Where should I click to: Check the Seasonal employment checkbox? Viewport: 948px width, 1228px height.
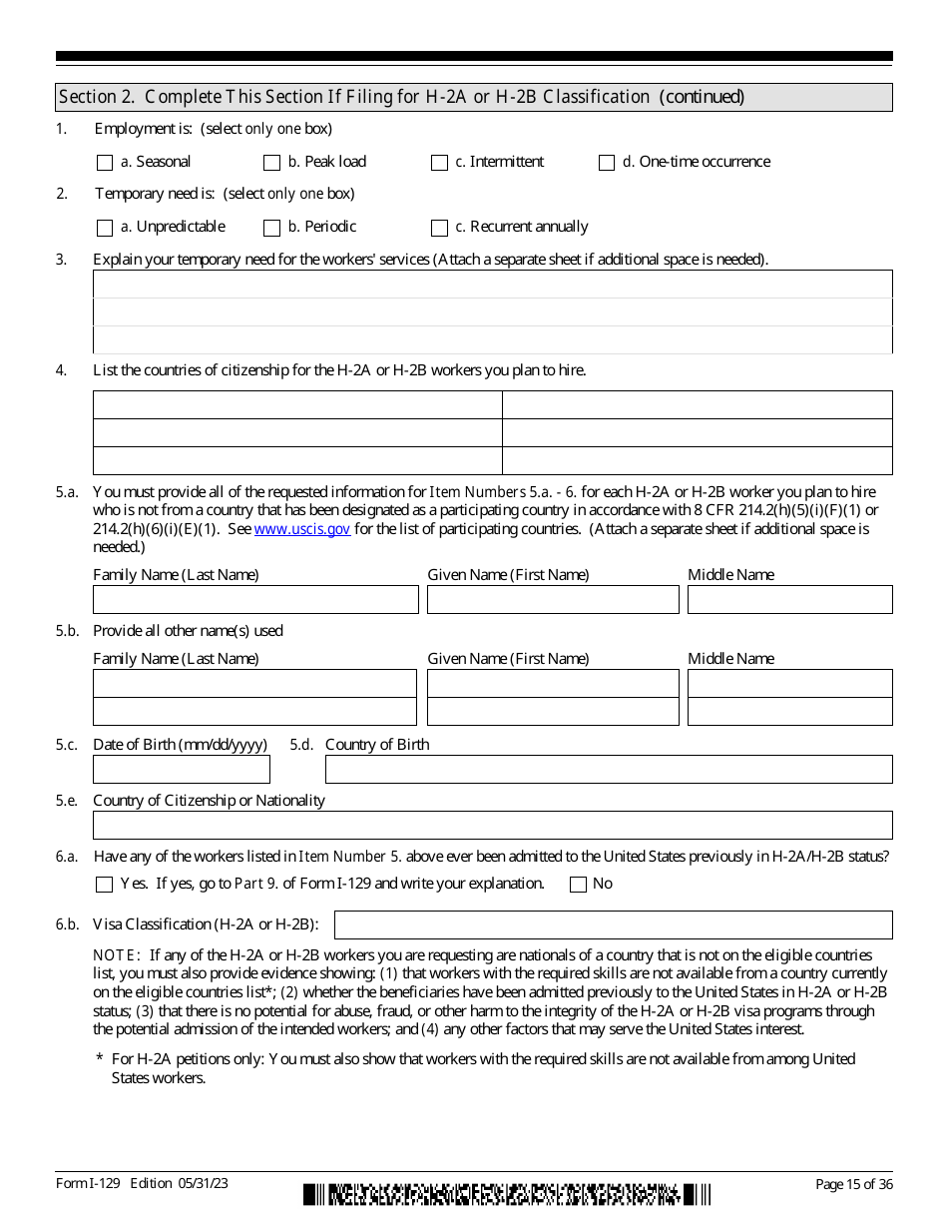tap(105, 163)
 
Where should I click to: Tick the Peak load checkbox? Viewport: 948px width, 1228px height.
tap(271, 163)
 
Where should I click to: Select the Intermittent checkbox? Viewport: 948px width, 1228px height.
tap(439, 163)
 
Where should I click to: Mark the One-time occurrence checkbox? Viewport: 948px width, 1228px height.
tap(607, 163)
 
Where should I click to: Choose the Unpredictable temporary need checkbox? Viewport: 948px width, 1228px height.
tap(105, 228)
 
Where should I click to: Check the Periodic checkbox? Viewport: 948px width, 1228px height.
tap(271, 228)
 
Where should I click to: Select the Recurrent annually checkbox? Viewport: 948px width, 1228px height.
tap(439, 228)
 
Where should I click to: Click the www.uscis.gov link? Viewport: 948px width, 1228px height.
tap(302, 529)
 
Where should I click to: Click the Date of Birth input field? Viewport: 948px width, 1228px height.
tap(182, 770)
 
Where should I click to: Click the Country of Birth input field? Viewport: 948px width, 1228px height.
tap(609, 770)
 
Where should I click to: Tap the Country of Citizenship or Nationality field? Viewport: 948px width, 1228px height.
tap(492, 826)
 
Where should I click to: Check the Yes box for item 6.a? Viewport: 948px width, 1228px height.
tap(105, 885)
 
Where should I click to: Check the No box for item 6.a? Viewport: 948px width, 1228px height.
tap(578, 885)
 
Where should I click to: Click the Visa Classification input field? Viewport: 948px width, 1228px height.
tap(613, 924)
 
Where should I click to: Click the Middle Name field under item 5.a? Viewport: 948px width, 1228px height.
tap(789, 600)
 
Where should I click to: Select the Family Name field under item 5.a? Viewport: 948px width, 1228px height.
tap(255, 600)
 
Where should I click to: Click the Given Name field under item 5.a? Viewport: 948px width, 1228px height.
tap(553, 600)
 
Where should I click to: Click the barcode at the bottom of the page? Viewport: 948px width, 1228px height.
tap(507, 1194)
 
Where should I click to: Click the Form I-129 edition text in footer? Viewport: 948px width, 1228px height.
tap(142, 1184)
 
